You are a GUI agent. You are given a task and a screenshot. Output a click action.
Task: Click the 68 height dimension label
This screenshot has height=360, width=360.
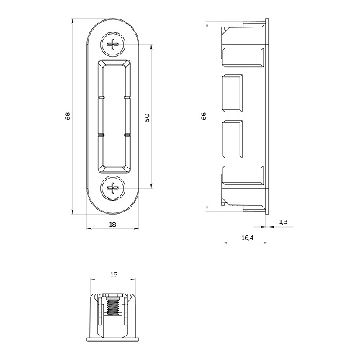point(68,116)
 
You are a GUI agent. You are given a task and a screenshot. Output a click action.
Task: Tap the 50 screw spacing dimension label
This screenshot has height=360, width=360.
point(147,117)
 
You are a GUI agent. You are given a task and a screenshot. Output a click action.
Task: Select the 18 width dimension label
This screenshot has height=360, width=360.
point(112,225)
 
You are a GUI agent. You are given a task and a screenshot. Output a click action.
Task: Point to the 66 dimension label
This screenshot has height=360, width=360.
point(204,116)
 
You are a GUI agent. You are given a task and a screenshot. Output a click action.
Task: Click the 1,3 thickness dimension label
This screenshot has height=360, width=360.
point(283,222)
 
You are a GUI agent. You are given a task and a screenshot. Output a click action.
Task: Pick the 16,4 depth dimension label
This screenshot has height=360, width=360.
point(248,238)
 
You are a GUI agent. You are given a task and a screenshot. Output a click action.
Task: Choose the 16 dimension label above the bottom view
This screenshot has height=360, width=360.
point(114,274)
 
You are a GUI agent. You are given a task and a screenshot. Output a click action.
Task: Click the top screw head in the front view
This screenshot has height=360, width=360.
point(113,45)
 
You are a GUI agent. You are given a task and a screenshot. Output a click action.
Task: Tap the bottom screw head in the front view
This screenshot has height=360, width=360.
point(113,188)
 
